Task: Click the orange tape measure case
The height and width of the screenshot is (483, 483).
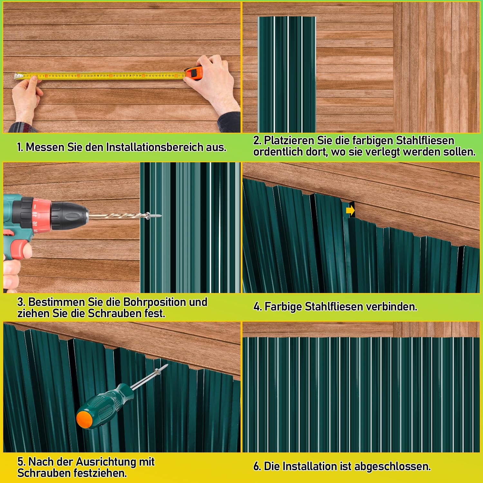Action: [194, 72]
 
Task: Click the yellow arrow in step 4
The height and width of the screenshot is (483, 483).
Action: [350, 211]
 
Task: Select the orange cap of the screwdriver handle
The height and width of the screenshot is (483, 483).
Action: [84, 420]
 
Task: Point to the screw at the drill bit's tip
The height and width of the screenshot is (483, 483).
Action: [154, 215]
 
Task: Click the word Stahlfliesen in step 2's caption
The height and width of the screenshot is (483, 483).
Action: [425, 140]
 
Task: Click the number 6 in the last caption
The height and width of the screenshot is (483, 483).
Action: [257, 466]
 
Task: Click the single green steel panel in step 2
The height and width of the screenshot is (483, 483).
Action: [287, 74]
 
